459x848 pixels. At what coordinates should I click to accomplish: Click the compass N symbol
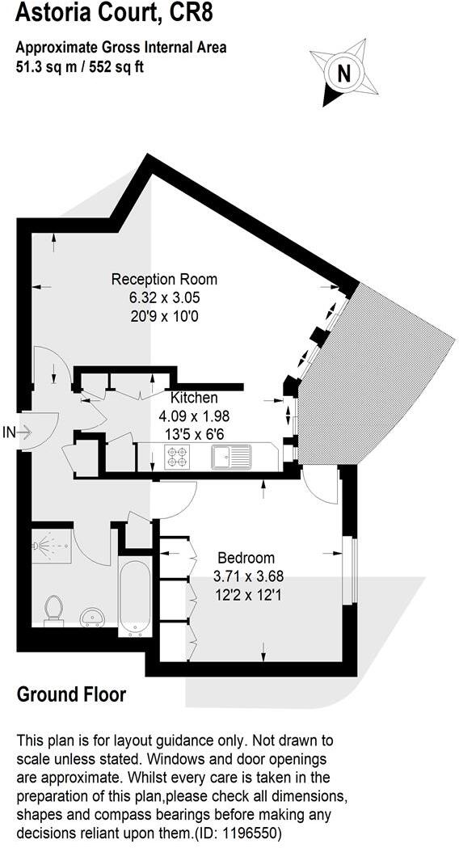click(x=343, y=74)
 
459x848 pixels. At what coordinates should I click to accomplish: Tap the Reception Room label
click(x=164, y=280)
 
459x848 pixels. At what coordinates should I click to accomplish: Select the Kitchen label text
click(x=193, y=398)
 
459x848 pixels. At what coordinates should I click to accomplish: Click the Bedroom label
click(x=246, y=558)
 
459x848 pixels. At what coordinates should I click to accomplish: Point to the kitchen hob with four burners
click(x=176, y=458)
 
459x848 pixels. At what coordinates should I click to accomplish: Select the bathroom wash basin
click(x=94, y=617)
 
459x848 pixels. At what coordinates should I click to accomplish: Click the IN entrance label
click(x=10, y=433)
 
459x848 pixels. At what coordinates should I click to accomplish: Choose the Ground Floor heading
click(x=71, y=694)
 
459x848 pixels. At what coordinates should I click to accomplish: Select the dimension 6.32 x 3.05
click(x=164, y=298)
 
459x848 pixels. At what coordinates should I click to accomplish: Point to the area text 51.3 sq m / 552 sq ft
click(x=80, y=67)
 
